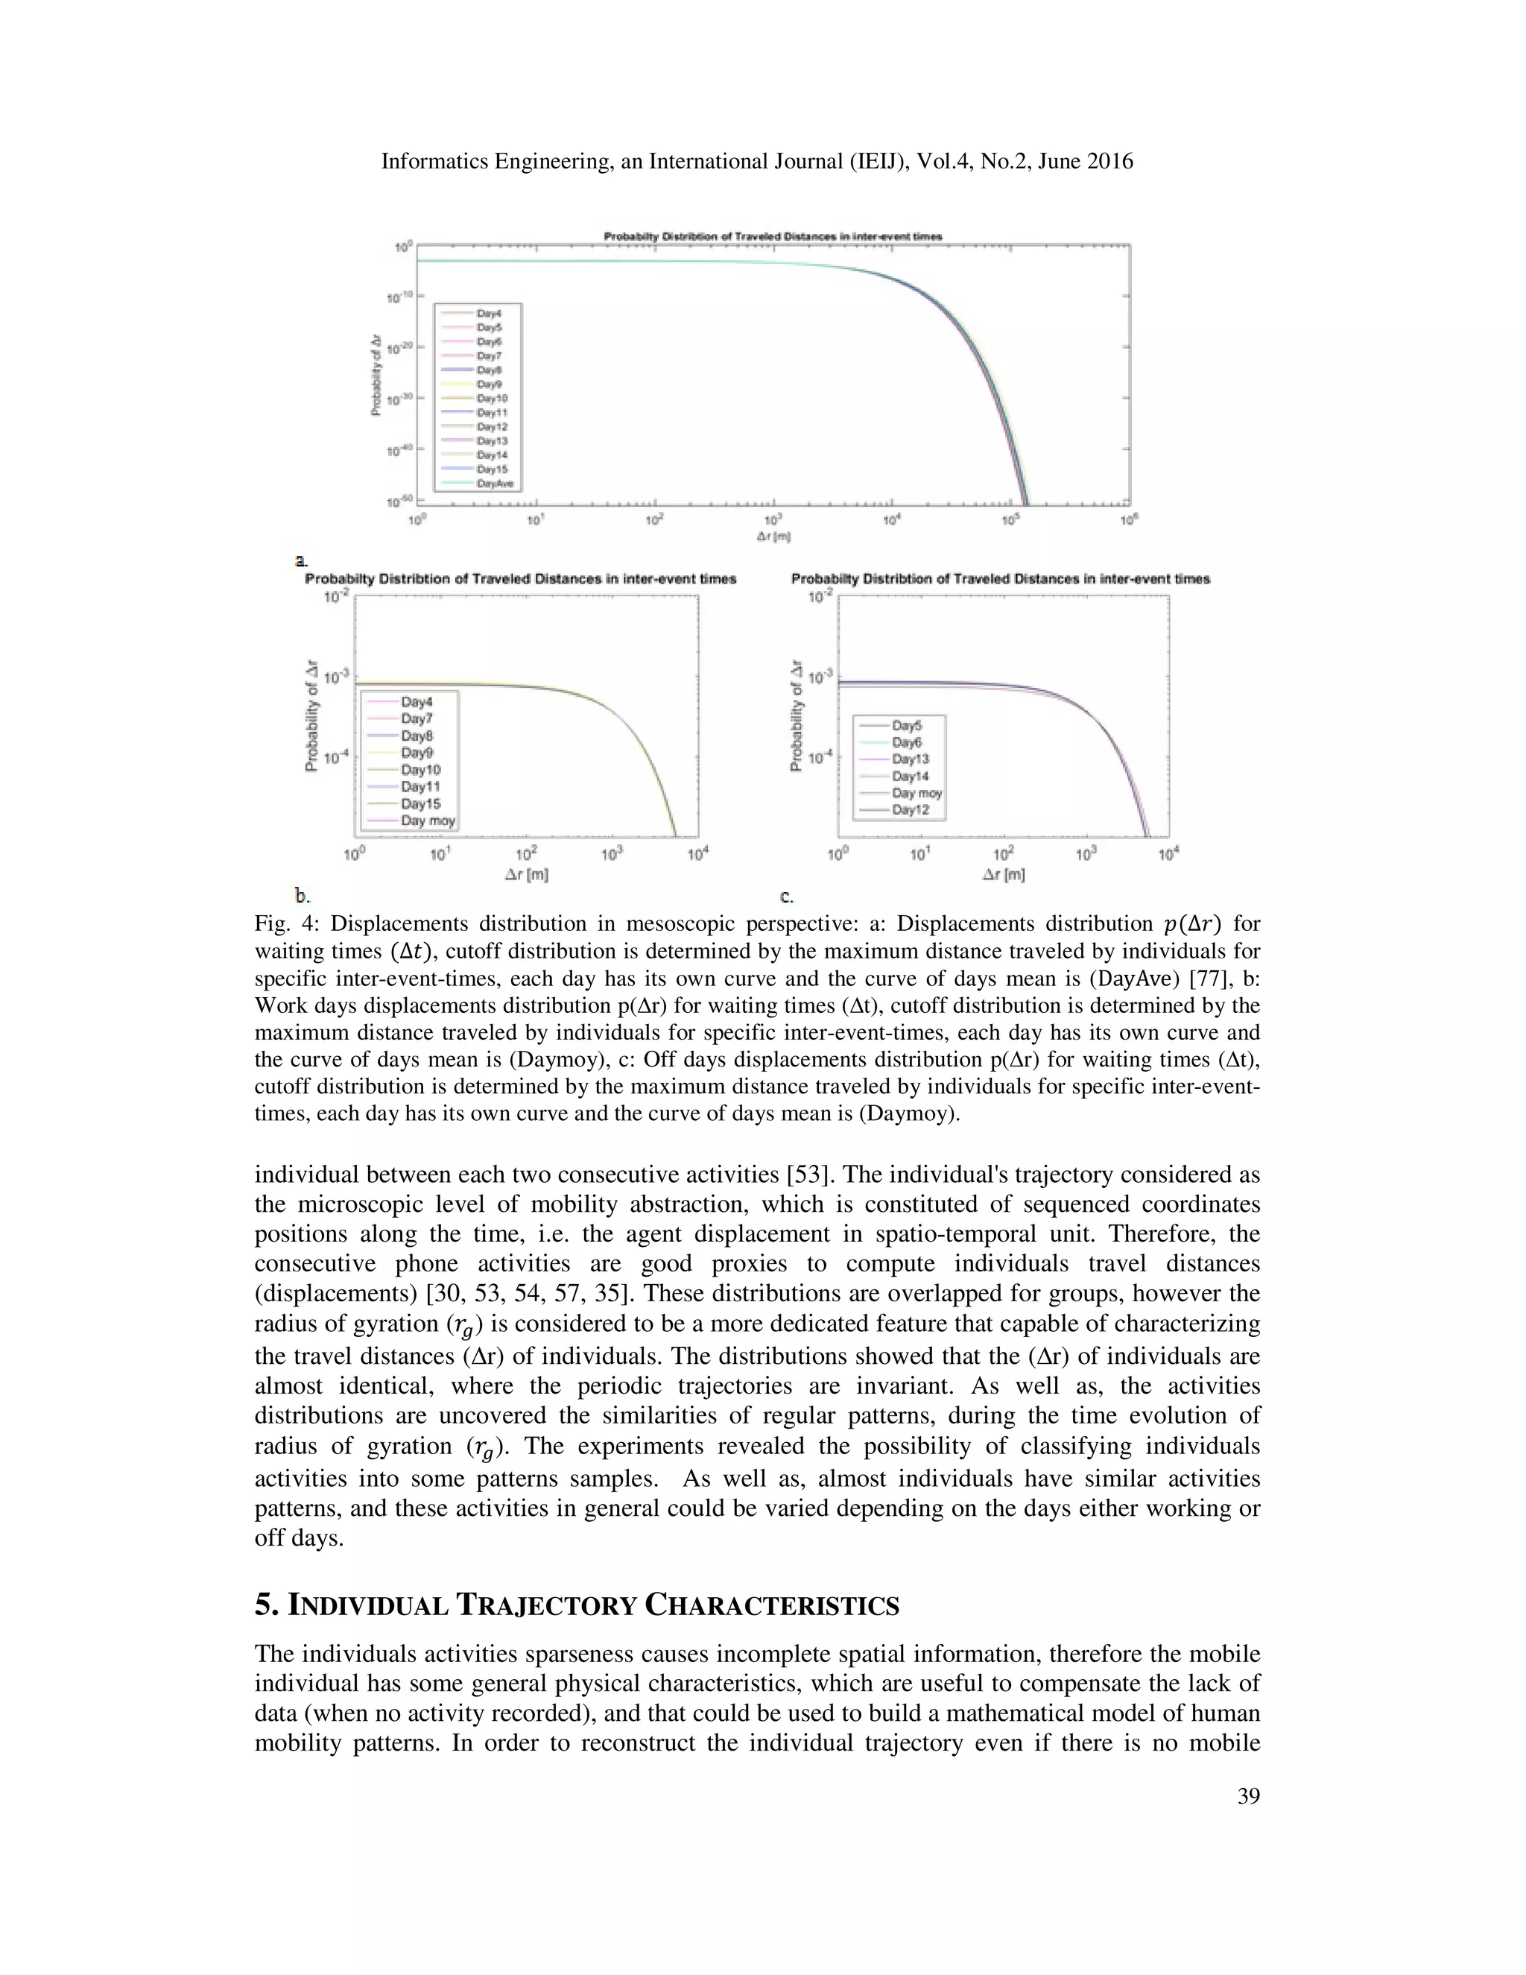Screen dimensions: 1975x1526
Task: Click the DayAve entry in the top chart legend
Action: [x=495, y=484]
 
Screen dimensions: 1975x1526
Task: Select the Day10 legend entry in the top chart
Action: [x=492, y=399]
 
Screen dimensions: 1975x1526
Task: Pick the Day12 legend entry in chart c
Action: [x=911, y=810]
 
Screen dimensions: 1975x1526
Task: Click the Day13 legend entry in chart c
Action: [x=911, y=759]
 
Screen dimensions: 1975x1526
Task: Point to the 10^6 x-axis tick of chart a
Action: [x=1129, y=520]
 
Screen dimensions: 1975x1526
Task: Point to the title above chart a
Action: [x=773, y=237]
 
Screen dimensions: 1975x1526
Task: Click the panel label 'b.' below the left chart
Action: [x=303, y=896]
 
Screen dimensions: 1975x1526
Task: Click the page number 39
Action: [x=1247, y=1796]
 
